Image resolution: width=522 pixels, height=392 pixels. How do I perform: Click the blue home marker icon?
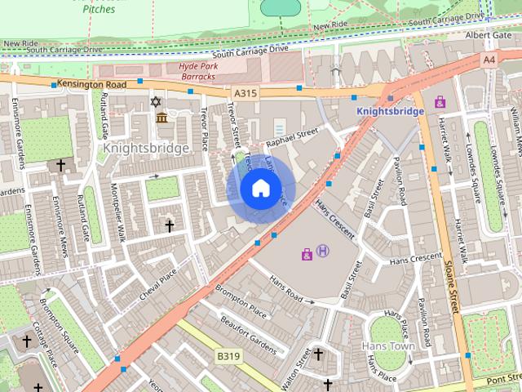(x=260, y=189)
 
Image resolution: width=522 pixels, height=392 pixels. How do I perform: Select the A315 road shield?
(x=245, y=94)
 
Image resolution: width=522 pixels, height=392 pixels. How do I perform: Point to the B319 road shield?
(x=228, y=357)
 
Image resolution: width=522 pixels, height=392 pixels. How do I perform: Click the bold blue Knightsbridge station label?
(x=390, y=111)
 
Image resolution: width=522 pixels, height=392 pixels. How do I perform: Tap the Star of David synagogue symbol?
(x=156, y=102)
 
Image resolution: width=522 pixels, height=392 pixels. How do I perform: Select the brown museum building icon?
(x=161, y=118)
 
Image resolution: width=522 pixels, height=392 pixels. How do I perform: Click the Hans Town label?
(x=387, y=346)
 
